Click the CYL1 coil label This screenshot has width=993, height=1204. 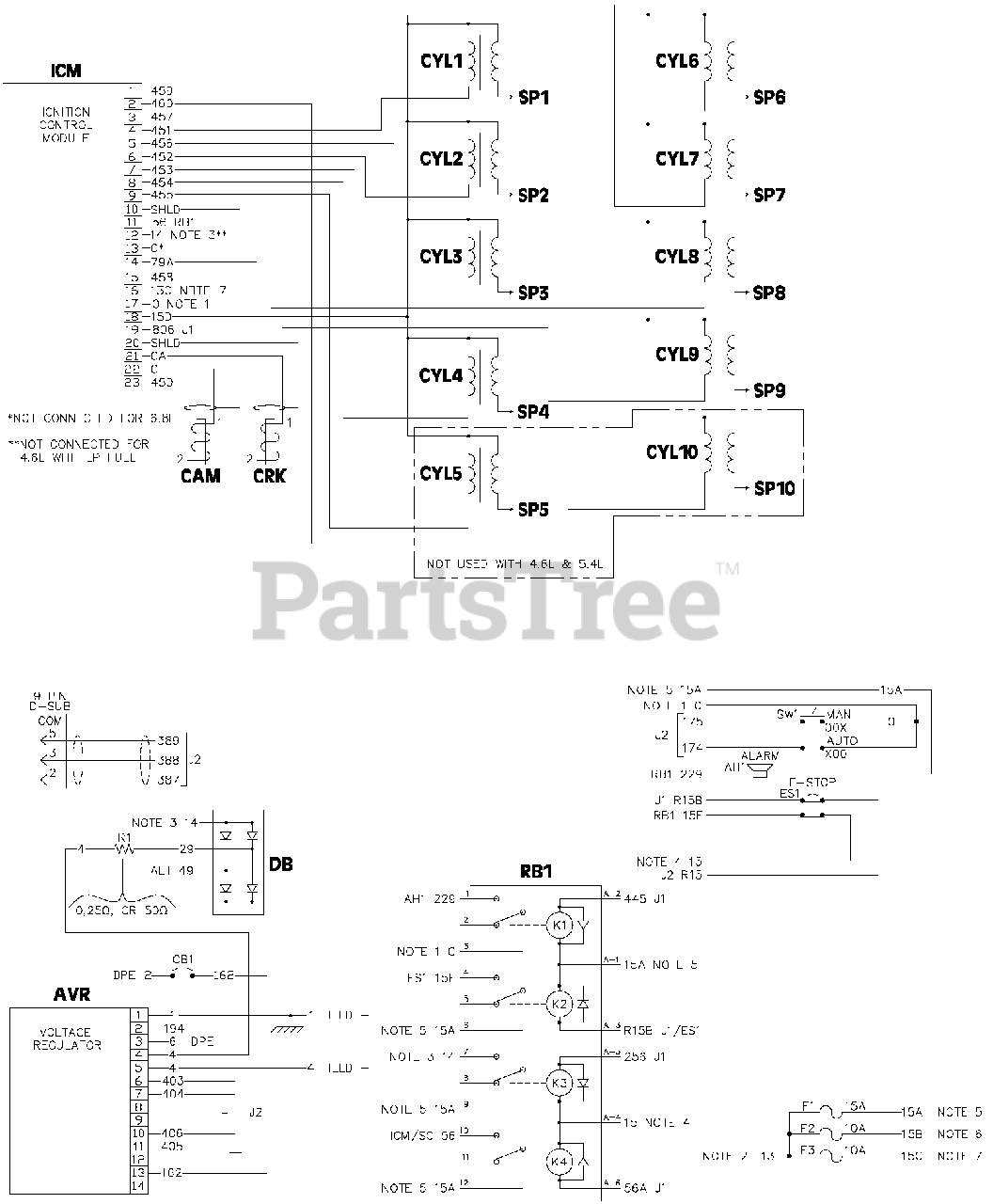tap(440, 62)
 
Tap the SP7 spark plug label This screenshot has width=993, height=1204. tap(769, 196)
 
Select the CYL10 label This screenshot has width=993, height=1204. tap(671, 452)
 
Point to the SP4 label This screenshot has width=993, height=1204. tap(533, 412)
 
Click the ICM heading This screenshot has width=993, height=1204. tap(65, 71)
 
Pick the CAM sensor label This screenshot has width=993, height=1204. tap(200, 476)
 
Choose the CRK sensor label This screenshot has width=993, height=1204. tap(269, 476)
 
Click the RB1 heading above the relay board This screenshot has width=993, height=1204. tap(535, 872)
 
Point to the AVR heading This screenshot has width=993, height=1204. tap(71, 994)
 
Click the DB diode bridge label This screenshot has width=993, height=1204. tap(280, 863)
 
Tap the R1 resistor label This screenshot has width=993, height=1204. tap(124, 836)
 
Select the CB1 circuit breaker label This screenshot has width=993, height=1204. tap(182, 960)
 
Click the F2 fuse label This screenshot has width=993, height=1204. tap(807, 1128)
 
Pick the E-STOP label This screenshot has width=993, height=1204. tap(812, 782)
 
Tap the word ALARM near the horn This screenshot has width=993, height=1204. tap(760, 756)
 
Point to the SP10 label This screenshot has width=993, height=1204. tap(774, 489)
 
